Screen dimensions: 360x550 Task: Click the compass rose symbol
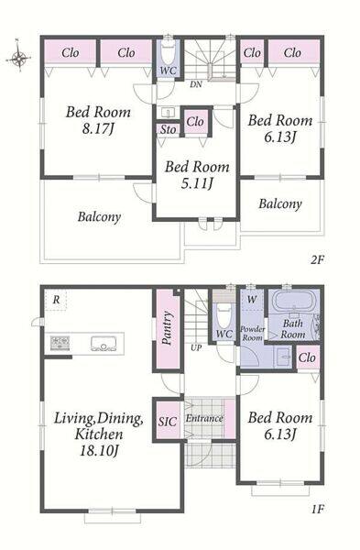click(x=19, y=57)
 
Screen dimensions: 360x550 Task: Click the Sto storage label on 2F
click(x=169, y=129)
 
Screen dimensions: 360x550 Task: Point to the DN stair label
click(x=196, y=84)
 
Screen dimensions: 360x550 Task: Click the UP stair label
click(x=196, y=348)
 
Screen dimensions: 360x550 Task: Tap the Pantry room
click(x=168, y=329)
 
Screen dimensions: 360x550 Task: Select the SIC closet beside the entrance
click(x=168, y=420)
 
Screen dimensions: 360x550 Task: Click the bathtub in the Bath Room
click(x=294, y=302)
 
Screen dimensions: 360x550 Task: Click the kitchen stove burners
click(x=60, y=343)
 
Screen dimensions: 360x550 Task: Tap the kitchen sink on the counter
click(x=104, y=344)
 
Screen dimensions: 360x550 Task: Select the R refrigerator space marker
click(x=56, y=300)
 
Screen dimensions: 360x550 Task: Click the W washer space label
click(x=252, y=300)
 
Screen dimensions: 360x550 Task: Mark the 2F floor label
click(x=318, y=260)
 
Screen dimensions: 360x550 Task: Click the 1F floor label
click(x=318, y=509)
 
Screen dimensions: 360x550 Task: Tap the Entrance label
click(x=204, y=418)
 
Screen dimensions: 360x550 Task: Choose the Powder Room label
click(x=253, y=334)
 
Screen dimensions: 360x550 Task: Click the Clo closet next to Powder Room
click(x=308, y=357)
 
